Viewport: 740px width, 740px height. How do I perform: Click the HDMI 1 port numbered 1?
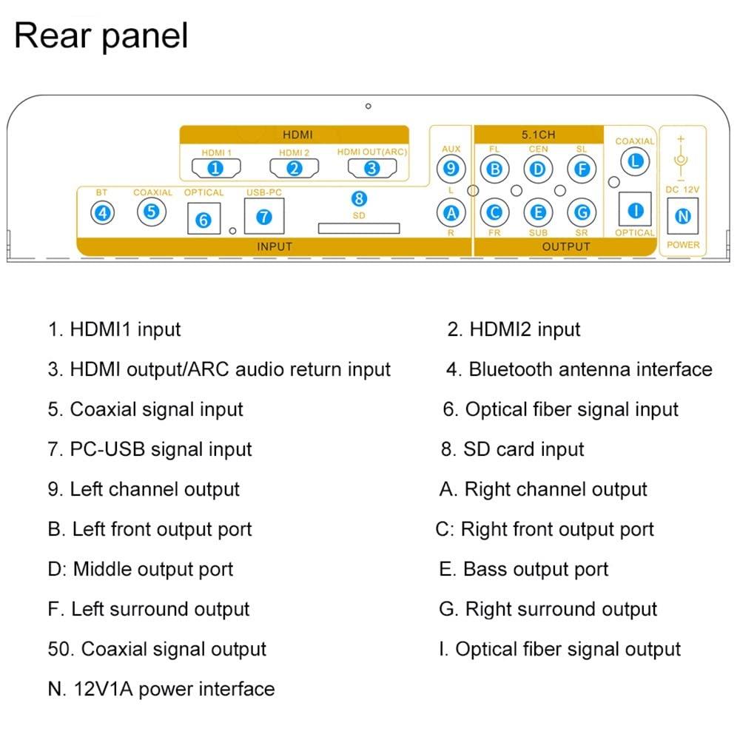click(215, 168)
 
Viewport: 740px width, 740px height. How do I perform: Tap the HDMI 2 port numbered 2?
click(294, 168)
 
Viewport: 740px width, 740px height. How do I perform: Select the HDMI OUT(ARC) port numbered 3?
click(371, 168)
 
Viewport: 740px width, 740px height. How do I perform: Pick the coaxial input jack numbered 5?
click(151, 212)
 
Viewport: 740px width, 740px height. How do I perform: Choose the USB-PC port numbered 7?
click(265, 217)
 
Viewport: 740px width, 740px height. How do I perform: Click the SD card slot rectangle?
click(359, 228)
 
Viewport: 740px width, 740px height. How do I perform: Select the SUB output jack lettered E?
click(539, 212)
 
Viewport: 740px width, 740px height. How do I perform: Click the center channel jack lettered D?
click(539, 169)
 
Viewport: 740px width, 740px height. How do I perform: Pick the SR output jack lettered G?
click(582, 212)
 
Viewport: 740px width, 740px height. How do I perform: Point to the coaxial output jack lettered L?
click(634, 161)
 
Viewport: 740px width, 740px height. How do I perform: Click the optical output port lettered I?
click(634, 210)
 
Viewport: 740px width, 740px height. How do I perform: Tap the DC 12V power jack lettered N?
click(683, 217)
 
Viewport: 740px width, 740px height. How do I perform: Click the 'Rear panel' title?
click(101, 36)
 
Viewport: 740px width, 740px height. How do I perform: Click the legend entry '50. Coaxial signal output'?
click(157, 649)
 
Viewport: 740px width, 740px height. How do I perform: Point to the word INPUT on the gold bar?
click(274, 246)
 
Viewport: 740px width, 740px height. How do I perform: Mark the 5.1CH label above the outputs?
click(538, 135)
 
